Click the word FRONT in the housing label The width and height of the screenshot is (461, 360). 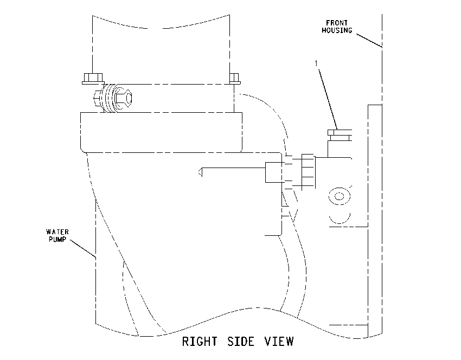[337, 23]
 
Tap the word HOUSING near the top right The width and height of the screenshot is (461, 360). [337, 30]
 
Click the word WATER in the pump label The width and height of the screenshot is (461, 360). [57, 232]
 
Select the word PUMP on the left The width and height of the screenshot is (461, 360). [57, 239]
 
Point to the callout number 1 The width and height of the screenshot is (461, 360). [316, 63]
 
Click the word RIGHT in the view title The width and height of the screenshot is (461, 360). [200, 342]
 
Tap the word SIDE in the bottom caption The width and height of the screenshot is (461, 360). [241, 342]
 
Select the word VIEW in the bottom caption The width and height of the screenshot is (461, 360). [279, 342]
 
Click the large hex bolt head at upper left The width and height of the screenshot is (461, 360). [93, 79]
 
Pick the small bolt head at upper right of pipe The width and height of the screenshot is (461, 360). [235, 79]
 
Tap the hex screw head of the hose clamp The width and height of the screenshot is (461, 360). [124, 98]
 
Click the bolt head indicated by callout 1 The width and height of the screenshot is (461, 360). [340, 135]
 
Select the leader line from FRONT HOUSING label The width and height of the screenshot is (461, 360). [369, 41]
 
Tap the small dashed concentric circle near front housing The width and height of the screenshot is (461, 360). [340, 196]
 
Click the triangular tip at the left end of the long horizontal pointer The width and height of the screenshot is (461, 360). [200, 172]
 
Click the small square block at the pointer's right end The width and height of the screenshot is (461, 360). [274, 172]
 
